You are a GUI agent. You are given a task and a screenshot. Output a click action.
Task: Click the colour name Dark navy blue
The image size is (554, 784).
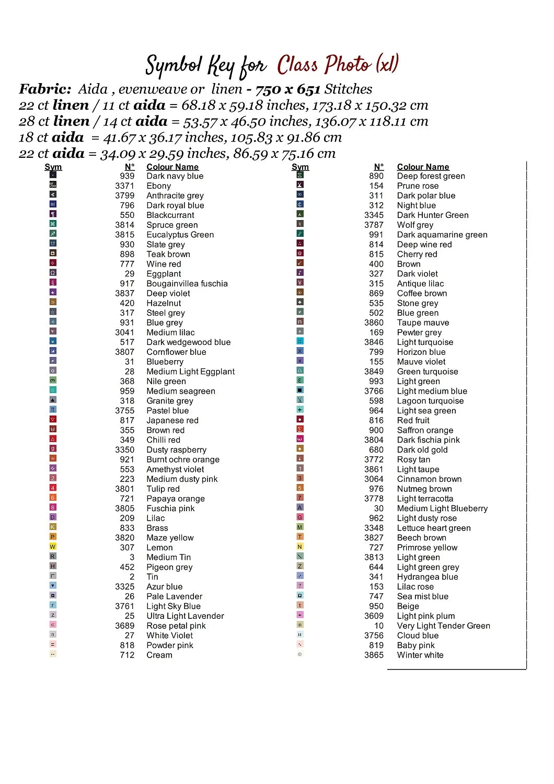pyautogui.click(x=175, y=176)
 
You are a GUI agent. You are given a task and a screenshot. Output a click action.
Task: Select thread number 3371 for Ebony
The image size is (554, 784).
pyautogui.click(x=124, y=186)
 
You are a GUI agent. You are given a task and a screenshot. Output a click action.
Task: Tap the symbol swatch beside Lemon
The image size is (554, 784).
pyautogui.click(x=53, y=547)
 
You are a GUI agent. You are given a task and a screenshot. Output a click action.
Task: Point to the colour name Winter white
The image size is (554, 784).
pyautogui.click(x=420, y=655)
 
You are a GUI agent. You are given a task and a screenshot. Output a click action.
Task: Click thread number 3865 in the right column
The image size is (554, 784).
pyautogui.click(x=374, y=655)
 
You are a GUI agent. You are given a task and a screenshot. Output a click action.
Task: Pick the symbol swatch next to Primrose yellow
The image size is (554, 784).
pyautogui.click(x=300, y=547)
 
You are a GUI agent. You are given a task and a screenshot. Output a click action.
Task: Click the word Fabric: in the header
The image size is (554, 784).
pyautogui.click(x=45, y=89)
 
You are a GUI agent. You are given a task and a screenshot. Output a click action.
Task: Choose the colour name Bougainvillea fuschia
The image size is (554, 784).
pyautogui.click(x=187, y=284)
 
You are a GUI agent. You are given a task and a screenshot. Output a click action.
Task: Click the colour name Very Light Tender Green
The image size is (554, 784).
pyautogui.click(x=443, y=626)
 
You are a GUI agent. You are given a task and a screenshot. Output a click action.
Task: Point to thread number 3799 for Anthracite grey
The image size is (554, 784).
pyautogui.click(x=124, y=196)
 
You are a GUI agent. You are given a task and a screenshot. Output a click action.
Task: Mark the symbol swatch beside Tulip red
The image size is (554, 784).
pyautogui.click(x=53, y=488)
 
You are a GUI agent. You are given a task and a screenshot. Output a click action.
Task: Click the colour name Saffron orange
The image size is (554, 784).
pyautogui.click(x=425, y=431)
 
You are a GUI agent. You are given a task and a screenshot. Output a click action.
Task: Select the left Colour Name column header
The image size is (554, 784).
pyautogui.click(x=172, y=167)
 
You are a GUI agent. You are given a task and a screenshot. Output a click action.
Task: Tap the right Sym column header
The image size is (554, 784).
pyautogui.click(x=300, y=167)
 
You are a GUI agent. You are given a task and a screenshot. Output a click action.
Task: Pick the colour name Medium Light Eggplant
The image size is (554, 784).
pyautogui.click(x=190, y=372)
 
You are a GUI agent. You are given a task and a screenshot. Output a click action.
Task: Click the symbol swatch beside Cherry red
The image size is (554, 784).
pyautogui.click(x=300, y=253)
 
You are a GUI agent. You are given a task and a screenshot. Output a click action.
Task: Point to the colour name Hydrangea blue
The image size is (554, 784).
pyautogui.click(x=427, y=577)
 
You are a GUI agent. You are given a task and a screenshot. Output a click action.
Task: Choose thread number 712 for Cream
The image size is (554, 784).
pyautogui.click(x=127, y=655)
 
